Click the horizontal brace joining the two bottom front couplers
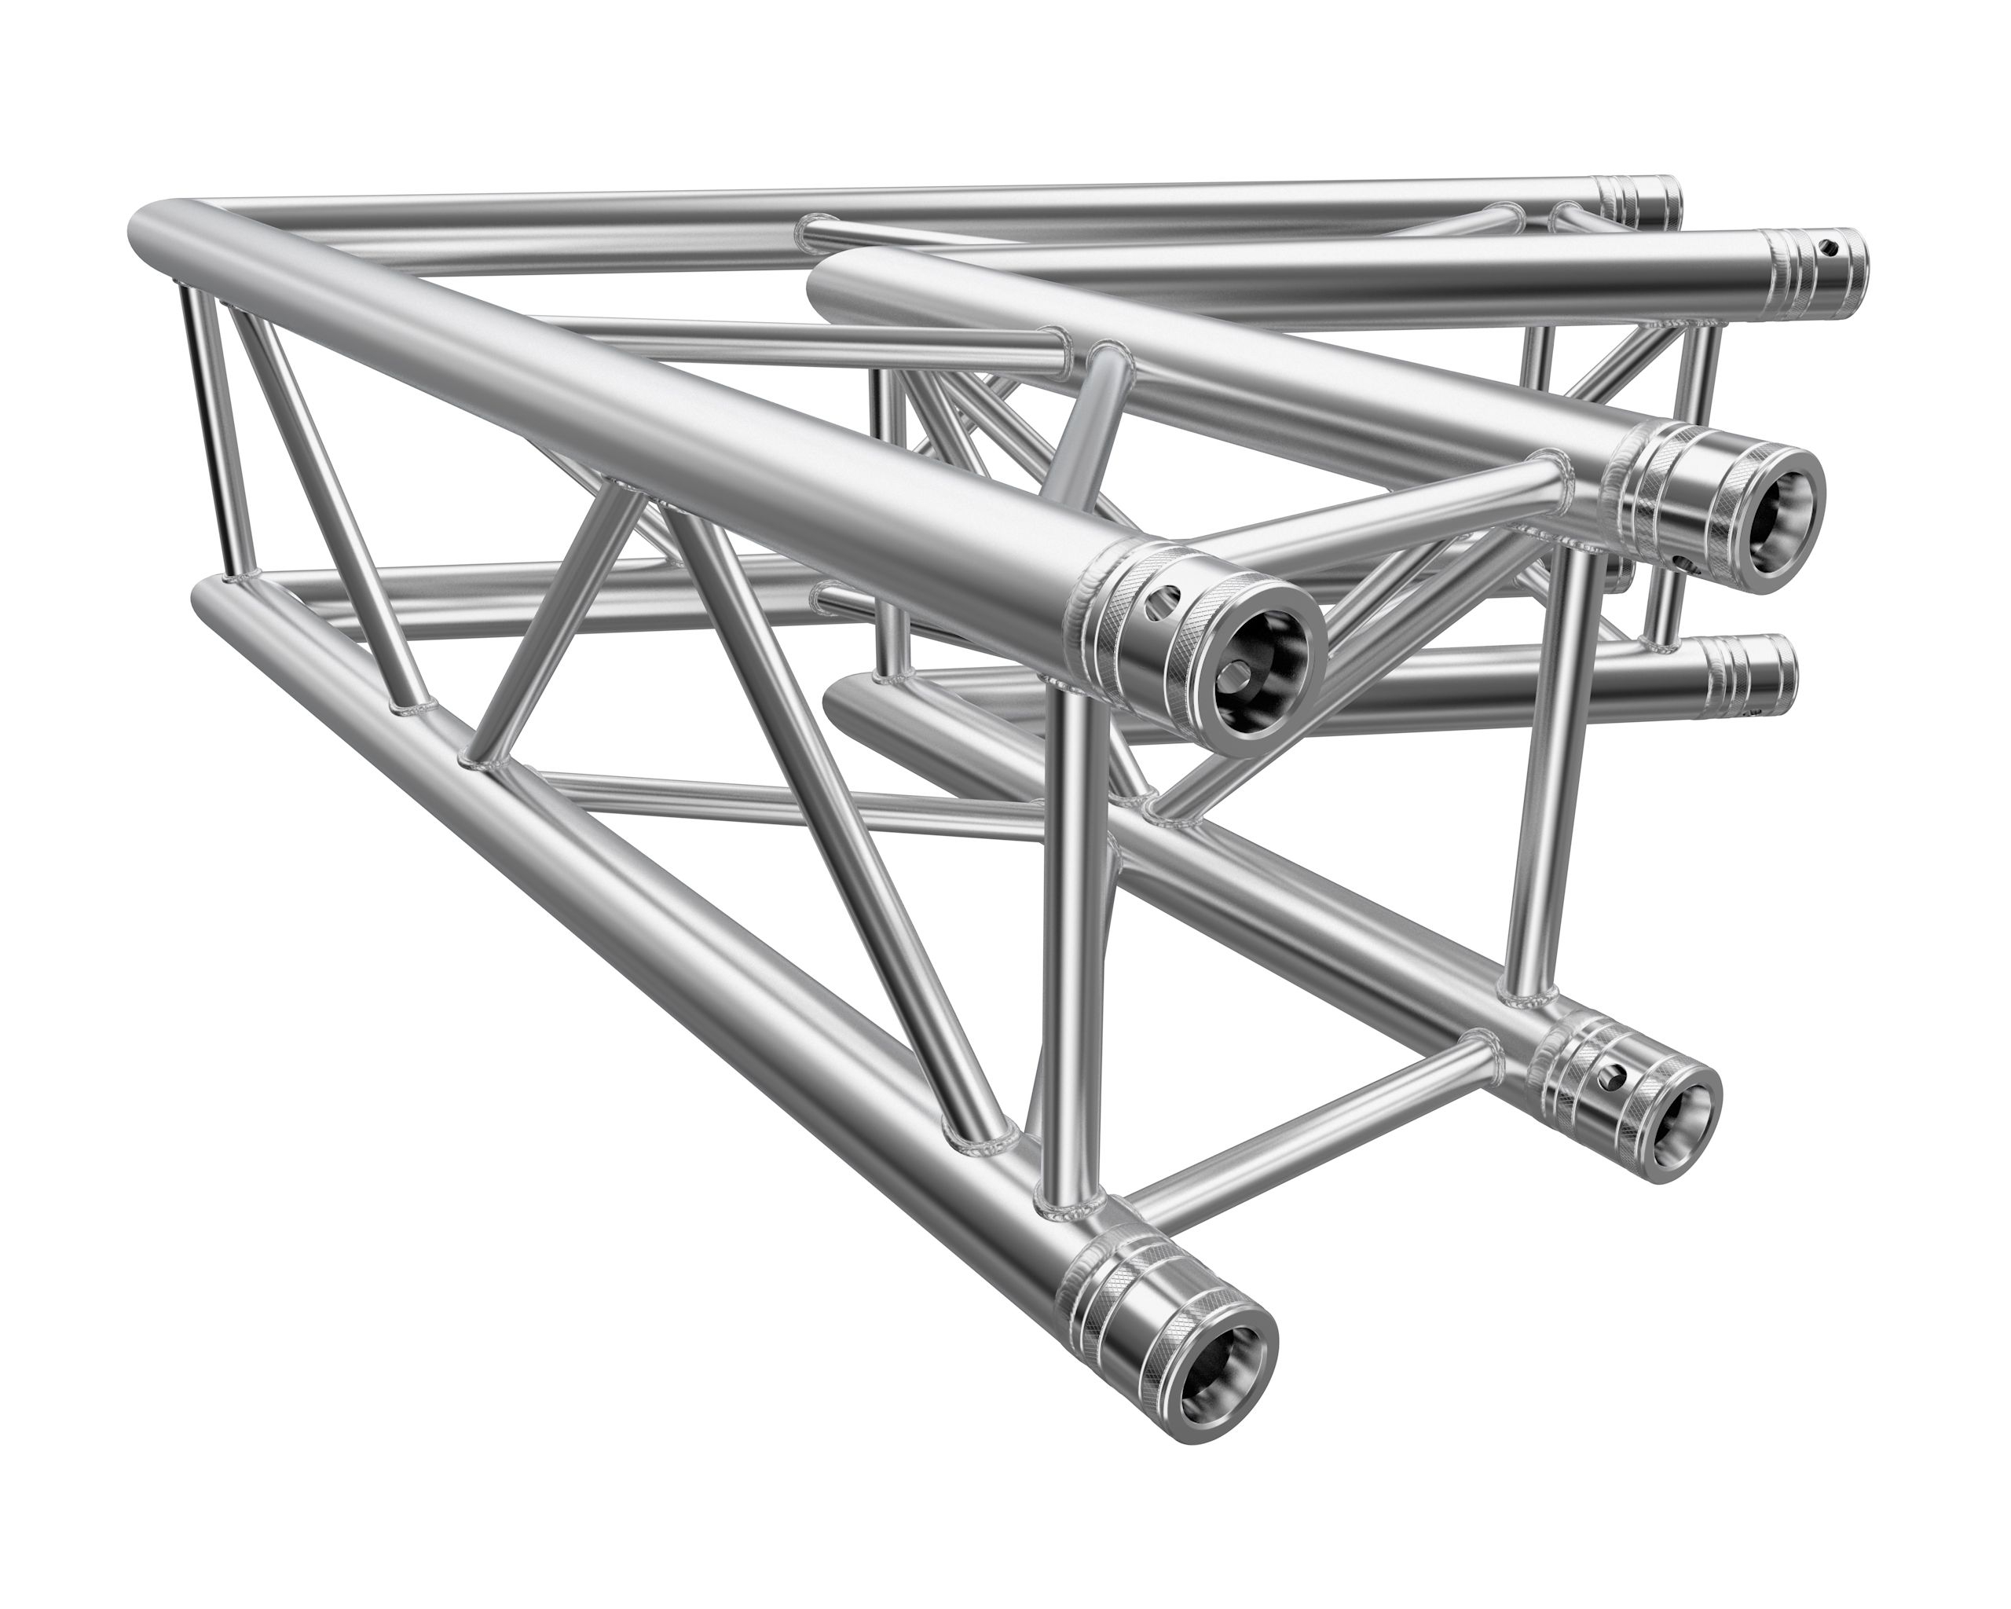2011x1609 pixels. pyautogui.click(x=1306, y=1134)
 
